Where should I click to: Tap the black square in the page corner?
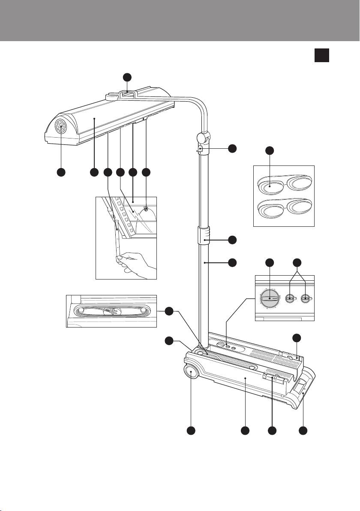pos(322,55)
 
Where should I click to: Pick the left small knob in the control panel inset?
pos(291,298)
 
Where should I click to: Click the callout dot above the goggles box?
pos(270,151)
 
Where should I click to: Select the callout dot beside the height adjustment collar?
pos(232,240)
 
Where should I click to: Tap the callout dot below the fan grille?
pos(60,172)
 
